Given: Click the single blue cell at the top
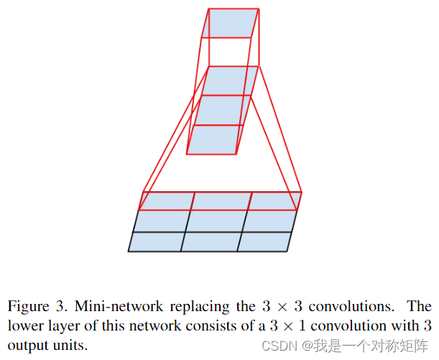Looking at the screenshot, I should (229, 23).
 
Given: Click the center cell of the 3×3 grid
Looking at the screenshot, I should (214, 221).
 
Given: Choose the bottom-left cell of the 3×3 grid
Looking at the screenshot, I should (156, 242).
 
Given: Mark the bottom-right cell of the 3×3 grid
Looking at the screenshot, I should (264, 242).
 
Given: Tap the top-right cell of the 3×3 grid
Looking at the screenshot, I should (274, 200).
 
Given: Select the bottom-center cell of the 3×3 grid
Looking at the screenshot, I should (210, 242).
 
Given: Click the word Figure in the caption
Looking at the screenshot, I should (26, 307).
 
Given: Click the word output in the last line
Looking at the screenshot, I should (25, 346).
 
